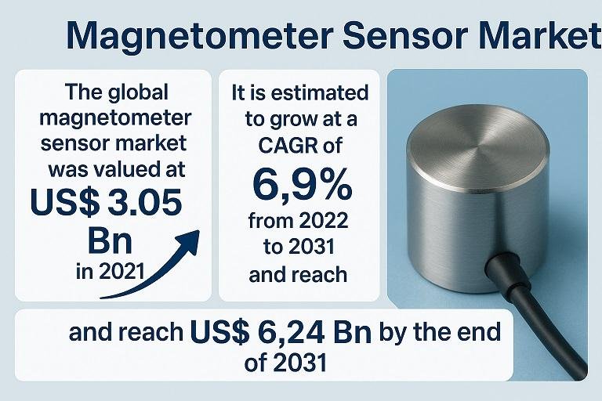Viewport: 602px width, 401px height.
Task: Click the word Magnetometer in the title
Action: coord(200,36)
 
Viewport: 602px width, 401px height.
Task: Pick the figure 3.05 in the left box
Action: coord(144,202)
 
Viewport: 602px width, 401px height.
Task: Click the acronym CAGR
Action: coord(288,146)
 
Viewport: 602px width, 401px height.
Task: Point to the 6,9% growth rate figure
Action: coord(302,185)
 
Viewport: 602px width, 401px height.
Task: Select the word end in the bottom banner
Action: coord(483,331)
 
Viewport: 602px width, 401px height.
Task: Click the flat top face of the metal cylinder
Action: coord(477,146)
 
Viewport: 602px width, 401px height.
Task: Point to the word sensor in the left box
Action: coord(75,144)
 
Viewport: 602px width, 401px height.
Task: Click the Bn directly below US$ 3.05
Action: coord(110,241)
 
